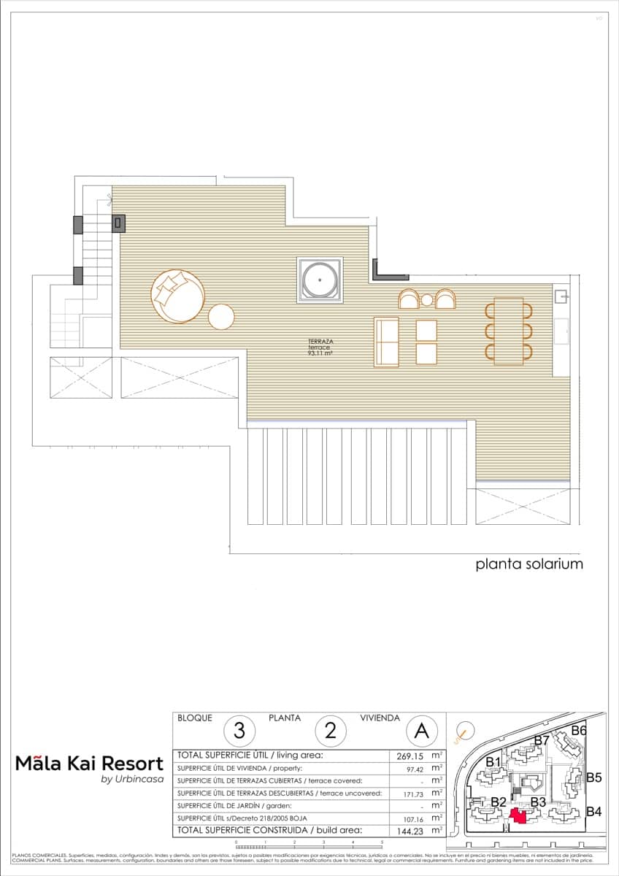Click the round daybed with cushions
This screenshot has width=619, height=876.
pos(177,296)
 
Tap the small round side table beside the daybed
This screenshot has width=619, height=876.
pos(221,316)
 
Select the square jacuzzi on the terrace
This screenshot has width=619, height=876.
pos(319,279)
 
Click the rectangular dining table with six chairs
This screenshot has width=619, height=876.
pos(509,331)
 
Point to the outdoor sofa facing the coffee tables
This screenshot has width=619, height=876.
pos(386,342)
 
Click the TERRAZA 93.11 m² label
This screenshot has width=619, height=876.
pos(320,347)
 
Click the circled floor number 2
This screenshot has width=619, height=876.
pos(330,729)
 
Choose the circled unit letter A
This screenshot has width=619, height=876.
pos(421,729)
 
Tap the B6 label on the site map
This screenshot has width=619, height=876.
pos(579,730)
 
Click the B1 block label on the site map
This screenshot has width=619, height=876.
pos(493,763)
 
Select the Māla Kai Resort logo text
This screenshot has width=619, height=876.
pos(89,764)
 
